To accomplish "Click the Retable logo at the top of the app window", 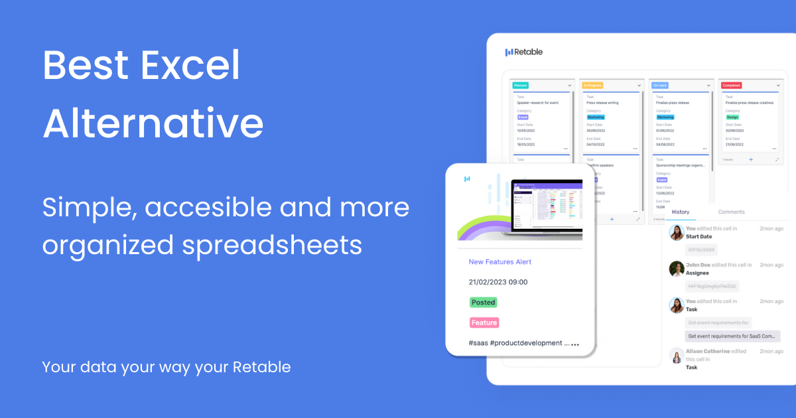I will point(524,52).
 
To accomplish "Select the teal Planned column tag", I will point(520,85).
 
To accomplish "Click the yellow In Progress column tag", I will point(592,85).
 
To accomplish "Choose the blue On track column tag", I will point(661,85).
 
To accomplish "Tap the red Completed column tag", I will point(732,85).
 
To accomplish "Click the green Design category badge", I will point(732,117).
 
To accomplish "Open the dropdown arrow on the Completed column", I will point(779,85).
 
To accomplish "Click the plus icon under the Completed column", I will point(751,159).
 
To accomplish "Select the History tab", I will point(681,212).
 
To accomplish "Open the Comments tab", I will point(731,212).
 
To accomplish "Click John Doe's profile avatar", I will point(677,269).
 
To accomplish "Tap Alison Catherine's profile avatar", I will point(677,356).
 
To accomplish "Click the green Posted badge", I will point(484,303).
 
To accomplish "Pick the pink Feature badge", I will point(484,322).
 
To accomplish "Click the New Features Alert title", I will point(500,262).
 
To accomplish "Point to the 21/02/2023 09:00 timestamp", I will point(498,282).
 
